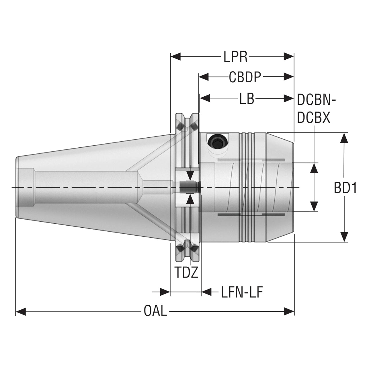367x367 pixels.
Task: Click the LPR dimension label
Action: click(235, 57)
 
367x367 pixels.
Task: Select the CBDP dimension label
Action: click(245, 77)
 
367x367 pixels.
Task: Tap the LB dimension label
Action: click(247, 99)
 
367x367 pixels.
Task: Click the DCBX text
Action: click(313, 118)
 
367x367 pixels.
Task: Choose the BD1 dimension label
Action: click(345, 188)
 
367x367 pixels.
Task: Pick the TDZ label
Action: click(186, 272)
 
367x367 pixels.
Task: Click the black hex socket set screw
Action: click(218, 142)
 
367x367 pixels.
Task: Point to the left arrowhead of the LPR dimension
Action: click(175, 56)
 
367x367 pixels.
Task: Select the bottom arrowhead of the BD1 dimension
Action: click(344, 237)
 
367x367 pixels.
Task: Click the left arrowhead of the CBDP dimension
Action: click(204, 77)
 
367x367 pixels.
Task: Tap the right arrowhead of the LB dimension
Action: click(289, 98)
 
